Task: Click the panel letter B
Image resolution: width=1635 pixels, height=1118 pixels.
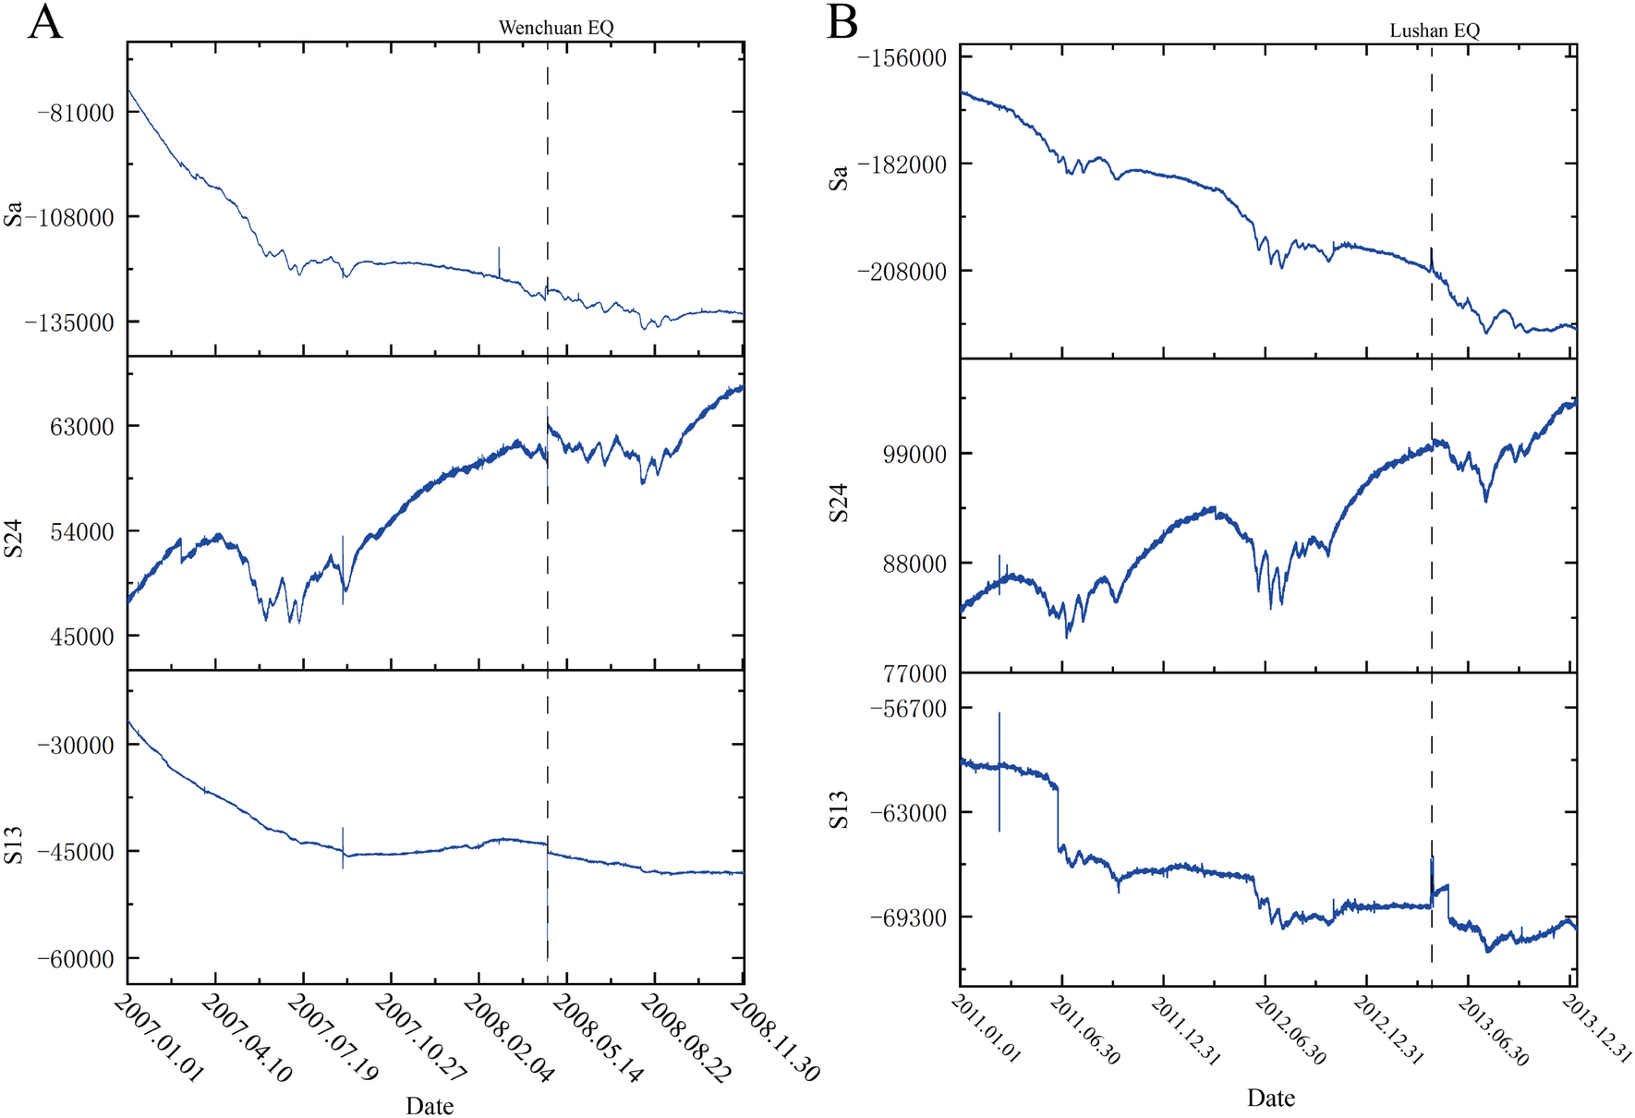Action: tap(842, 22)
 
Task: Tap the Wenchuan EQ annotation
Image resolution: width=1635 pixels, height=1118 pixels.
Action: tap(556, 28)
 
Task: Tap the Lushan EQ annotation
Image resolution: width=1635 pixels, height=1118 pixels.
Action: tap(1435, 30)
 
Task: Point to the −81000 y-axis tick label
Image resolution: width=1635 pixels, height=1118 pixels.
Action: tap(76, 113)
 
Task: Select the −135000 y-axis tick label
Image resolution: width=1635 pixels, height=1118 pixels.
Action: tap(70, 322)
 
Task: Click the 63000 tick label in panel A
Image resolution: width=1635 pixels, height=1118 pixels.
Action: tap(83, 427)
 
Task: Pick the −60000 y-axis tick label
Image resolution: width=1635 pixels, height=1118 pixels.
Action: tap(76, 959)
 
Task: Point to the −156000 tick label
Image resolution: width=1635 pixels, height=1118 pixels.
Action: tap(902, 57)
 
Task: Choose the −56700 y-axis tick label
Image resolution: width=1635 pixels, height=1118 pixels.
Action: tap(907, 709)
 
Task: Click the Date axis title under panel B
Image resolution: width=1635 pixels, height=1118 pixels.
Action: tap(1270, 1098)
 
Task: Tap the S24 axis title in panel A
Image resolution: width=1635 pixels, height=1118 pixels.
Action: tap(13, 538)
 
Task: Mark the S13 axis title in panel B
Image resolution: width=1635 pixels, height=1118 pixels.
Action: tap(838, 809)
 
